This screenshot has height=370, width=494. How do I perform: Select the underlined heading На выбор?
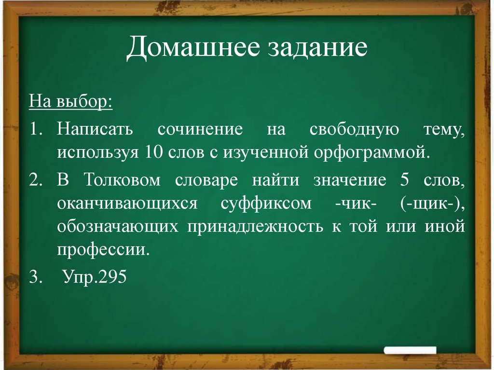(71, 102)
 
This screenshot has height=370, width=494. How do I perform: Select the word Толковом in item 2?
(123, 180)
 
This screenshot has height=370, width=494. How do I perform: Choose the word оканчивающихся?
(127, 203)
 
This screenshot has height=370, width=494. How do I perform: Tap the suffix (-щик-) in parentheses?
(432, 203)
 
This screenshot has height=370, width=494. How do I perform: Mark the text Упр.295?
(95, 277)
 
